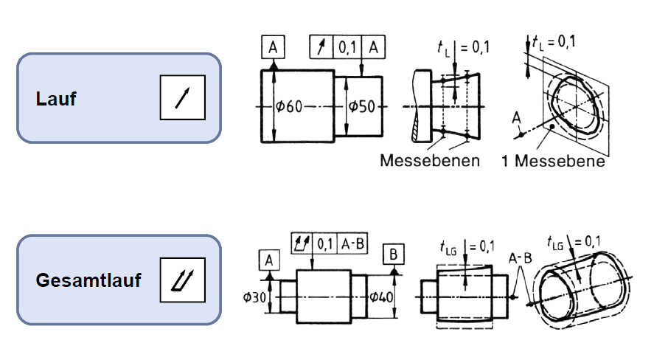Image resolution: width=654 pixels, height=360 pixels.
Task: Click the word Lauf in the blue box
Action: (x=55, y=99)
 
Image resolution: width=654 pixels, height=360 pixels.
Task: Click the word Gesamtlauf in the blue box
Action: (x=88, y=281)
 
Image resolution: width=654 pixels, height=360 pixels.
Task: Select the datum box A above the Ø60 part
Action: (x=273, y=48)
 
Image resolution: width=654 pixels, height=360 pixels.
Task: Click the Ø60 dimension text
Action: (x=289, y=107)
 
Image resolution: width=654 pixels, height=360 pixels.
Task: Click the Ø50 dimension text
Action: (x=362, y=107)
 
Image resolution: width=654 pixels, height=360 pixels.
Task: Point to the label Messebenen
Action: (x=430, y=160)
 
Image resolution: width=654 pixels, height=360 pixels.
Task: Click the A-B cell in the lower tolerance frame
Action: (x=352, y=243)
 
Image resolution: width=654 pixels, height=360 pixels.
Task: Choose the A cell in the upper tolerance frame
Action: (x=375, y=48)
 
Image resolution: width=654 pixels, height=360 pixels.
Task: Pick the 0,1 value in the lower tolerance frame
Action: (x=325, y=243)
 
